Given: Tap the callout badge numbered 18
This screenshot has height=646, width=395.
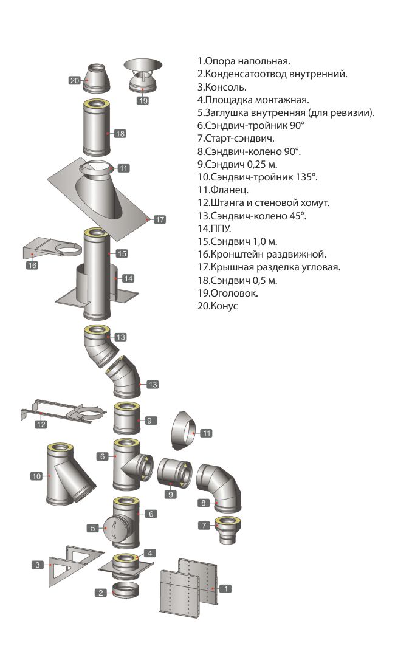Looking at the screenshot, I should (x=120, y=134).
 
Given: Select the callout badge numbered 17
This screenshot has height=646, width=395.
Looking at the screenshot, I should (x=159, y=219).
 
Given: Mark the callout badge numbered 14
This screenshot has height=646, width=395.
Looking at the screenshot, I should (x=128, y=278).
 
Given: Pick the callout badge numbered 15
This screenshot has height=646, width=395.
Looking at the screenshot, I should (x=121, y=253).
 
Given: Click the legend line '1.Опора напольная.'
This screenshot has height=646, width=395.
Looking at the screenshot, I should (x=244, y=61).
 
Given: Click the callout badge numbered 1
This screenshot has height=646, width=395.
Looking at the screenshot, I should (x=225, y=588).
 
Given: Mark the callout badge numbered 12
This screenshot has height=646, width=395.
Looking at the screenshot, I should (x=41, y=424).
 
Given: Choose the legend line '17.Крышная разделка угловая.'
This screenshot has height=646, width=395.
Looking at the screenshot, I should (x=269, y=267).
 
